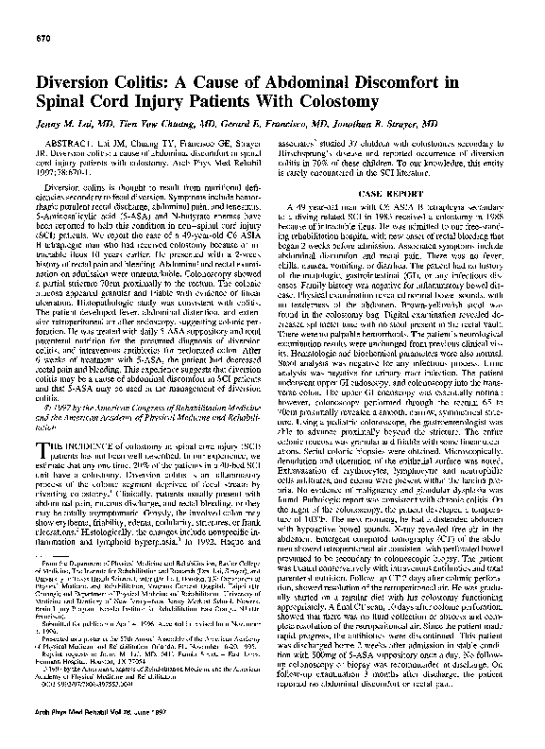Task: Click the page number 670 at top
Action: tap(43, 37)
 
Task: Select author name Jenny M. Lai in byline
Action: tap(73, 123)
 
